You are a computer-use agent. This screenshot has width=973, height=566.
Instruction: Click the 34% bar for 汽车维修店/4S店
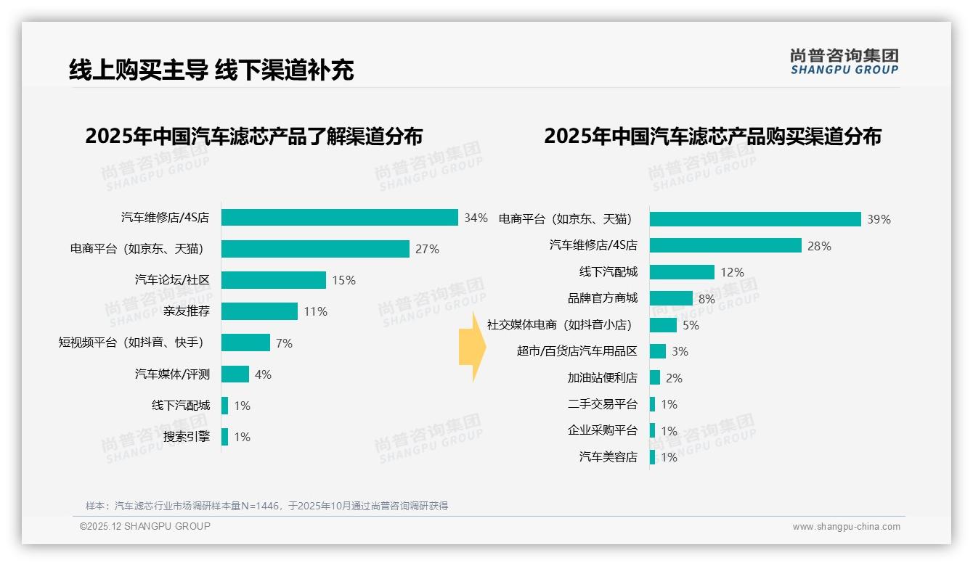(339, 218)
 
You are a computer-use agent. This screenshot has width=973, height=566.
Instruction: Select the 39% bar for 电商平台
(754, 219)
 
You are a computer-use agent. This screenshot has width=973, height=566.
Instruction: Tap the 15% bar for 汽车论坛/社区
(274, 280)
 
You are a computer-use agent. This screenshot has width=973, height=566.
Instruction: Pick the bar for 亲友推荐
(259, 311)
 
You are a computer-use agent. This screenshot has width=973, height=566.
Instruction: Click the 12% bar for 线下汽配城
(682, 272)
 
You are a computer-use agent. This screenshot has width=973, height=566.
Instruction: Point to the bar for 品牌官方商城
(671, 298)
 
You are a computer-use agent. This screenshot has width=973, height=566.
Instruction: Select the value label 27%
(427, 249)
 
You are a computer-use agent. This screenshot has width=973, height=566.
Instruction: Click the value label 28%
(819, 246)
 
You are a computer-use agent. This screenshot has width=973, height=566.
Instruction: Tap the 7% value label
(284, 343)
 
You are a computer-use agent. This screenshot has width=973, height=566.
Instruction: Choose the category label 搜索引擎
(186, 437)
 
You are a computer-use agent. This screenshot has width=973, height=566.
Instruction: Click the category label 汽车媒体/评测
(172, 374)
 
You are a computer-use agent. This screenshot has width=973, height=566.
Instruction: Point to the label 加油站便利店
(602, 378)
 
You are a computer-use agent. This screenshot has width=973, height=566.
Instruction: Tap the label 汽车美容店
(608, 457)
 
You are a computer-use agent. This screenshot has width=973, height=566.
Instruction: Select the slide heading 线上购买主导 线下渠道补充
(211, 70)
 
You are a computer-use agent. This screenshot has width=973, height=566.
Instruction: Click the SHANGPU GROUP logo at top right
(844, 62)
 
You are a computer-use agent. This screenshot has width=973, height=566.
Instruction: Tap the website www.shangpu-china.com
(846, 527)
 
